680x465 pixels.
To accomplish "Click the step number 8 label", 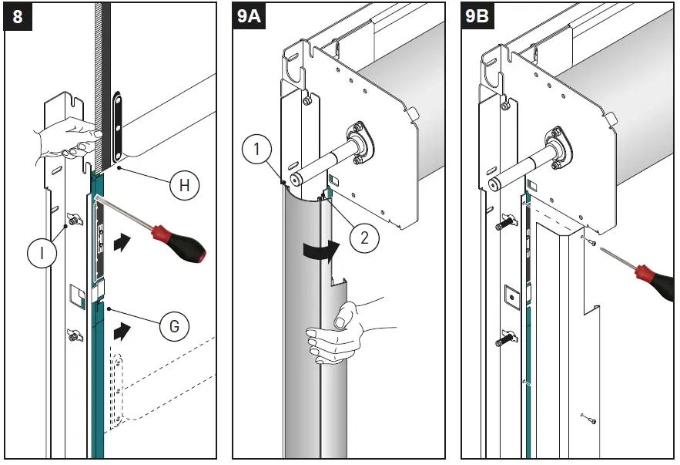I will tap(15, 16).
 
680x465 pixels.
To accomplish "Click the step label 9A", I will tap(249, 16).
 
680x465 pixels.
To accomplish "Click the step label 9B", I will tap(477, 16).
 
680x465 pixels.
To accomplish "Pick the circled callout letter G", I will tap(174, 326).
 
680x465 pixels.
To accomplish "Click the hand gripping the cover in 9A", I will tap(339, 328).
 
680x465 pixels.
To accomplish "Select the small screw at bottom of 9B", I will tap(588, 419).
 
